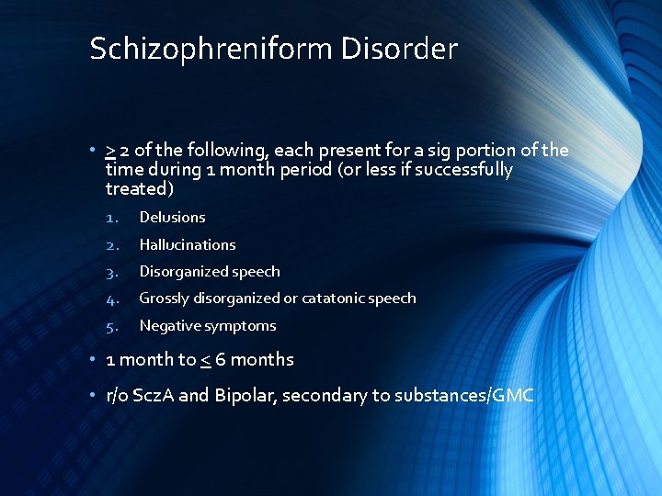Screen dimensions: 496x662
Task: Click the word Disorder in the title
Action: (x=399, y=50)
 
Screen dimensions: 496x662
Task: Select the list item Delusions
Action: (x=172, y=218)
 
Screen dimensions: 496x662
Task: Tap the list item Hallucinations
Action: (x=188, y=245)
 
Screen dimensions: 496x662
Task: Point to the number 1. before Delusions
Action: (x=110, y=218)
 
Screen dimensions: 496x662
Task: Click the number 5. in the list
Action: (x=111, y=326)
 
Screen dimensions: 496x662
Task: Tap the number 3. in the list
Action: (x=111, y=272)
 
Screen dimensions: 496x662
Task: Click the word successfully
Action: (x=463, y=170)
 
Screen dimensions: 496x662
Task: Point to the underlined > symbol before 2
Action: (x=110, y=151)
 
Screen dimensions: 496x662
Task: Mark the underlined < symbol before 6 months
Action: (x=206, y=360)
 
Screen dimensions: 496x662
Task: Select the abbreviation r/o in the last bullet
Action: (x=118, y=396)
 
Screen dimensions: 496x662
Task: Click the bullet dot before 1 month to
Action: (x=95, y=360)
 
